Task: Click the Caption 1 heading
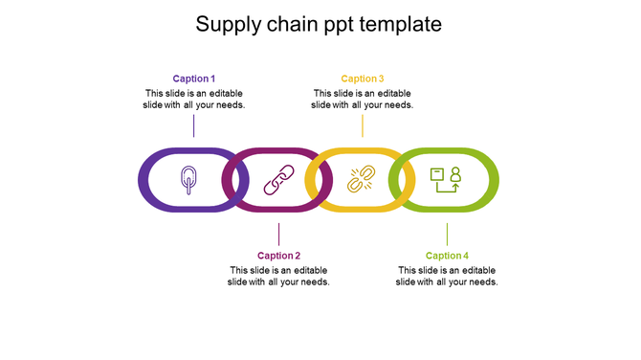click(193, 79)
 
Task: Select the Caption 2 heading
click(278, 256)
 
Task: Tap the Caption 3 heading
click(363, 79)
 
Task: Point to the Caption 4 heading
click(447, 256)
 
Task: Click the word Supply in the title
click(227, 25)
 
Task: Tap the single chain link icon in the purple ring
click(188, 180)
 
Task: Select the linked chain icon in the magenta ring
click(278, 180)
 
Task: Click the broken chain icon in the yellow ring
click(361, 180)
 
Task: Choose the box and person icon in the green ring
click(446, 180)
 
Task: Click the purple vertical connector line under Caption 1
click(194, 125)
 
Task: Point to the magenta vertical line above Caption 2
click(278, 235)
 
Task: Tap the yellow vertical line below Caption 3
click(363, 125)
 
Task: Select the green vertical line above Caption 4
click(447, 235)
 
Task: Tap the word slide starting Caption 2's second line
click(238, 282)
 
